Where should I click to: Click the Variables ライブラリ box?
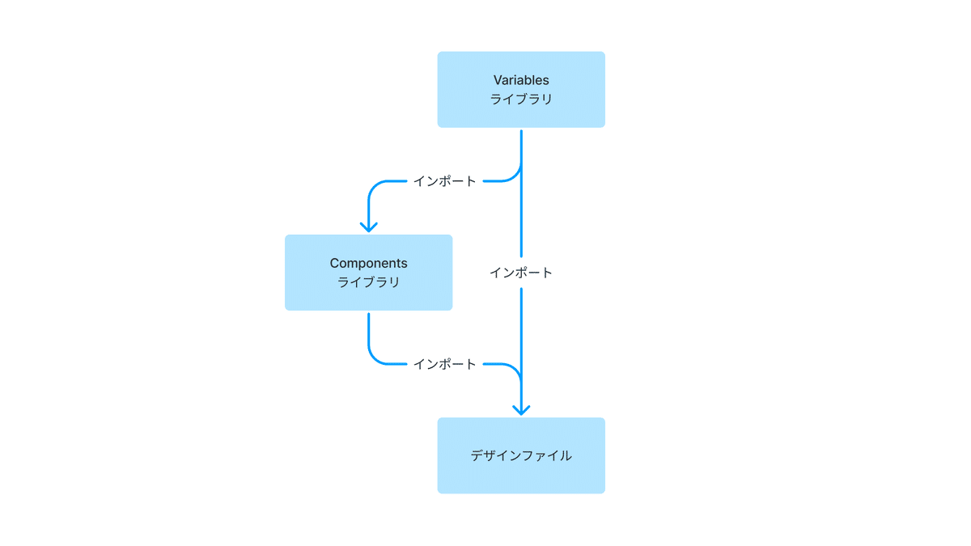click(521, 89)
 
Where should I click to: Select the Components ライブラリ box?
click(368, 273)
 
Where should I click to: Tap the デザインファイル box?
click(521, 455)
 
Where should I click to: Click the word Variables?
click(521, 80)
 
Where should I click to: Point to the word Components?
click(368, 263)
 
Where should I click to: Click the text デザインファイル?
click(521, 455)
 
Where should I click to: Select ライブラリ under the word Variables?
click(521, 99)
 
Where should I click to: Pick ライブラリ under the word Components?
click(368, 282)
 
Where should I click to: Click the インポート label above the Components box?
click(445, 181)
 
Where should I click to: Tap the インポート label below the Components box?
click(445, 364)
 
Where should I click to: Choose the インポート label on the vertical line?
click(521, 273)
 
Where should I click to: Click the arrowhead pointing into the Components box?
click(368, 227)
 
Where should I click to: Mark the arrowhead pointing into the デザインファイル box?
click(521, 410)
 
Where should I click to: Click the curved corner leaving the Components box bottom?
click(374, 358)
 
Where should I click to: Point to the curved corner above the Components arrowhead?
click(374, 187)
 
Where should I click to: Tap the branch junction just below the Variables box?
click(521, 167)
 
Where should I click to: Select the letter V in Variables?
click(498, 80)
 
